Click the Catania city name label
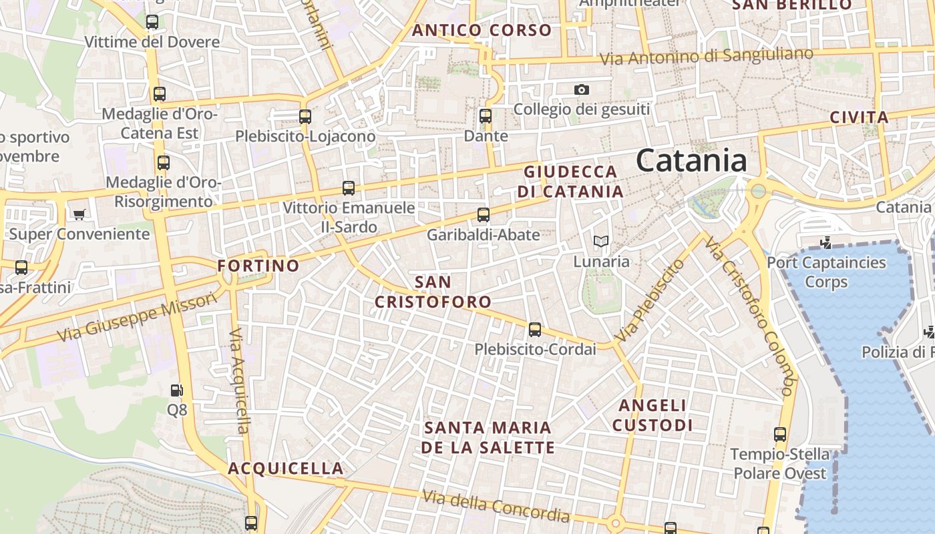tap(691, 161)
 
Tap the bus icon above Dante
tap(486, 115)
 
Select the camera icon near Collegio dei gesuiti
tap(582, 89)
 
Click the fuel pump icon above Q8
tap(176, 390)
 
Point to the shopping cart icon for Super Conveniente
tap(79, 214)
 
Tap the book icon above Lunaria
tap(601, 241)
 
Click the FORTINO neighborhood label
tap(258, 266)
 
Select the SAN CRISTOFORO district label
tap(433, 292)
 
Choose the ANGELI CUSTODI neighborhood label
tap(652, 415)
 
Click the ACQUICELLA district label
tap(286, 469)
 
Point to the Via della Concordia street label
tap(496, 506)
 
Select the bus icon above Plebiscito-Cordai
tap(534, 329)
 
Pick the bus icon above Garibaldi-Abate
tap(484, 215)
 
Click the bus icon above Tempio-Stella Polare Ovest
tap(779, 435)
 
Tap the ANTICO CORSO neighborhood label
tap(482, 30)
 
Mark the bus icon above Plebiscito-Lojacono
tap(305, 116)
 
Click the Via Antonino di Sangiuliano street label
tap(707, 56)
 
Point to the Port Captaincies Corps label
tap(826, 272)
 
